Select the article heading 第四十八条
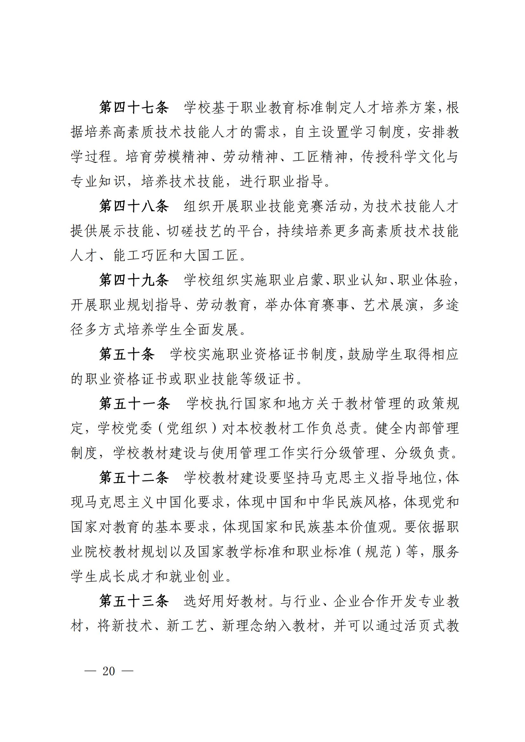point(134,206)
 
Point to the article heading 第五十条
point(126,355)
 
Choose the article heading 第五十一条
point(134,404)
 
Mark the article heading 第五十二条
point(134,478)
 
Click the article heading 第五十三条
point(134,601)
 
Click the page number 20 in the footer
point(109,672)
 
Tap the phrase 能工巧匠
point(141,256)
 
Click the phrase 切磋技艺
point(195,231)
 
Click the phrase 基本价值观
point(364,528)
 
